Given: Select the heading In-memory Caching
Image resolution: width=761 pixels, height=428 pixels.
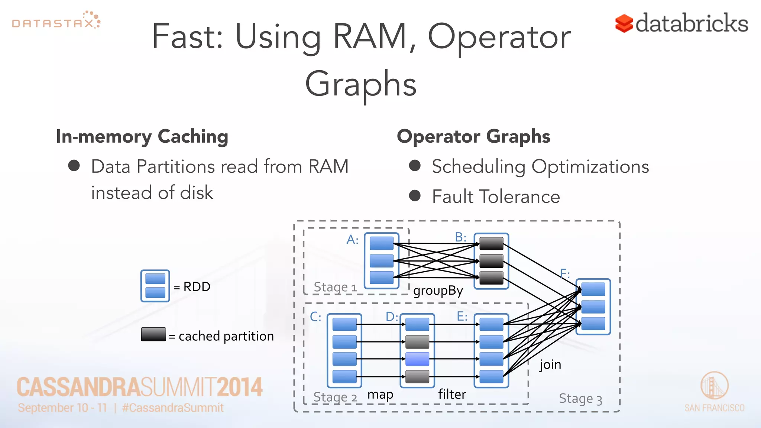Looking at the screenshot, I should pyautogui.click(x=142, y=136).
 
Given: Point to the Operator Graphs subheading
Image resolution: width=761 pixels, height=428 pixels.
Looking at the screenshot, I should pyautogui.click(x=473, y=136).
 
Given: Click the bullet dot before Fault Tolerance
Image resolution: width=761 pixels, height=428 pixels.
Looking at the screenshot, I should pyautogui.click(x=415, y=196).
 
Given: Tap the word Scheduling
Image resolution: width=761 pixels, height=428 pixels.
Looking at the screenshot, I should pyautogui.click(x=478, y=166).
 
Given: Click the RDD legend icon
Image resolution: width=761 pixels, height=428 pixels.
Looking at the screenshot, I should pyautogui.click(x=155, y=286).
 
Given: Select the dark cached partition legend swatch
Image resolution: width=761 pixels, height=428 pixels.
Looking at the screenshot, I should pyautogui.click(x=153, y=334).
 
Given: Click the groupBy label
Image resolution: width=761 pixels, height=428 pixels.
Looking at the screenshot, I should pyautogui.click(x=438, y=291).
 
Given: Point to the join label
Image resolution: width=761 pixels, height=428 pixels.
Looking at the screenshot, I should pyautogui.click(x=550, y=364).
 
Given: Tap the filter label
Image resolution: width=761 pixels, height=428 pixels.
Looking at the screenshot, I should pyautogui.click(x=452, y=394).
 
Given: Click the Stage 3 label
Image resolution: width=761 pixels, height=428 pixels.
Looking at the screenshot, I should pyautogui.click(x=580, y=399).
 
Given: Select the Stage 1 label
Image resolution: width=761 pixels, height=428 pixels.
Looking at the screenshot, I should pyautogui.click(x=335, y=287).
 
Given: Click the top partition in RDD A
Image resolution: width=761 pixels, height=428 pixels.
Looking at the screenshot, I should pyautogui.click(x=382, y=243).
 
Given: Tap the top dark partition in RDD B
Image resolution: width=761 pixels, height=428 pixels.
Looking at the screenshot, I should pyautogui.click(x=491, y=243).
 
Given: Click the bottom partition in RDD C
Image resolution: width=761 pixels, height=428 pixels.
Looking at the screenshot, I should pyautogui.click(x=344, y=376).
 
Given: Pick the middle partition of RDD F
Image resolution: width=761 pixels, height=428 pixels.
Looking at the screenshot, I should pyautogui.click(x=593, y=307).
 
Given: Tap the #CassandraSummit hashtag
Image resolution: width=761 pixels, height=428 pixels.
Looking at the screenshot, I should pyautogui.click(x=173, y=408).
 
